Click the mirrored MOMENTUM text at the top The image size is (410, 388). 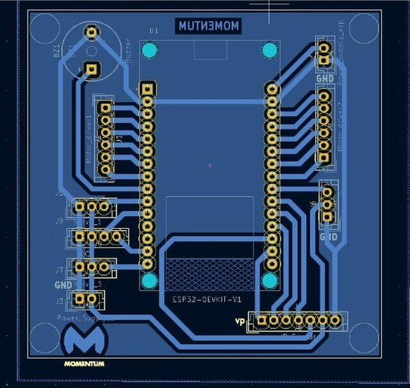point(208,26)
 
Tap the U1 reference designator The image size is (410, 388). point(153,30)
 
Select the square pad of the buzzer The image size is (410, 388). point(92,67)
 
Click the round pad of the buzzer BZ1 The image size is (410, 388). point(92,31)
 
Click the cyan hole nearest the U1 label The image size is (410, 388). point(149,49)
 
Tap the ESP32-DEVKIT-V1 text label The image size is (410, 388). point(207,299)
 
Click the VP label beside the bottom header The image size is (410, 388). point(240,321)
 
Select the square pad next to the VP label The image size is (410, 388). point(261,319)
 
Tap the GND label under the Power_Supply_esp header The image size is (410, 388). point(325,78)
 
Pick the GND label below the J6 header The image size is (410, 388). point(329,237)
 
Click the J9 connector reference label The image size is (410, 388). point(59,221)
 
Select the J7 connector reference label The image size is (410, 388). point(59,270)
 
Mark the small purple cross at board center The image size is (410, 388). point(209,165)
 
